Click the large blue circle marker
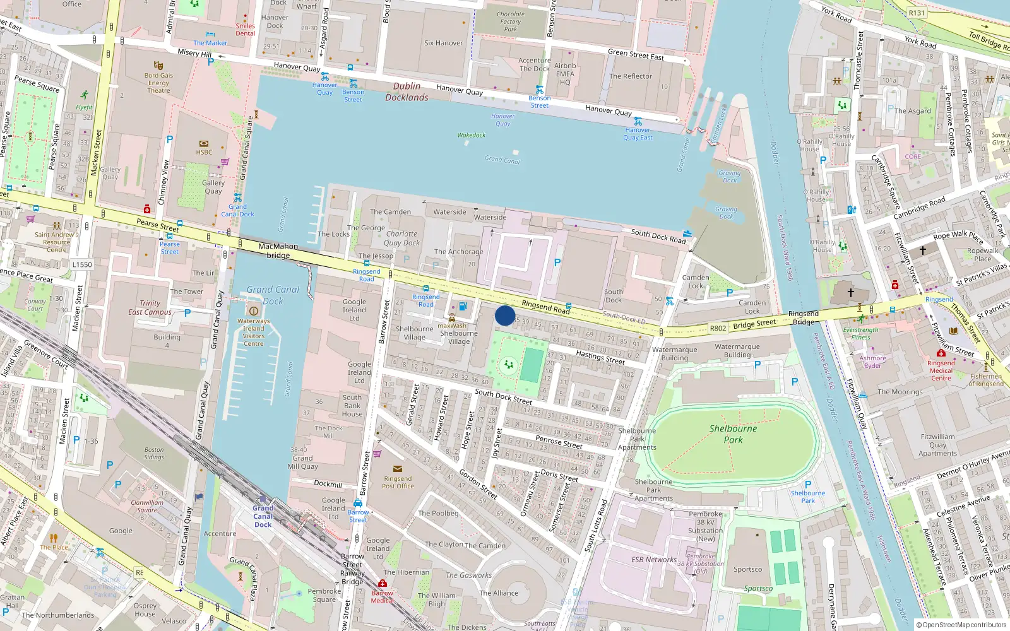tap(505, 315)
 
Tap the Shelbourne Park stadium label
tap(733, 433)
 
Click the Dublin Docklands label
tap(407, 91)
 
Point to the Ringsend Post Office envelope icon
tap(398, 469)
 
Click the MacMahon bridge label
tap(278, 251)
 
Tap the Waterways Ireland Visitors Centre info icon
tap(254, 310)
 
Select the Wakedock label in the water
tap(472, 135)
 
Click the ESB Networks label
tap(653, 560)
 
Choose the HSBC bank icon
tap(203, 144)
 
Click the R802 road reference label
tap(718, 328)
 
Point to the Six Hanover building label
tap(443, 43)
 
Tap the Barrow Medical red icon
tap(382, 583)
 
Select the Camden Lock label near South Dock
tap(696, 281)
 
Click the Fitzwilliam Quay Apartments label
tap(937, 445)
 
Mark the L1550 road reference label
tap(82, 264)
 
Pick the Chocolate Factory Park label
tap(510, 21)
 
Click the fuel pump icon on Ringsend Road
tap(463, 307)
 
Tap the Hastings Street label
tap(600, 358)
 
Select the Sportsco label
tap(747, 569)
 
